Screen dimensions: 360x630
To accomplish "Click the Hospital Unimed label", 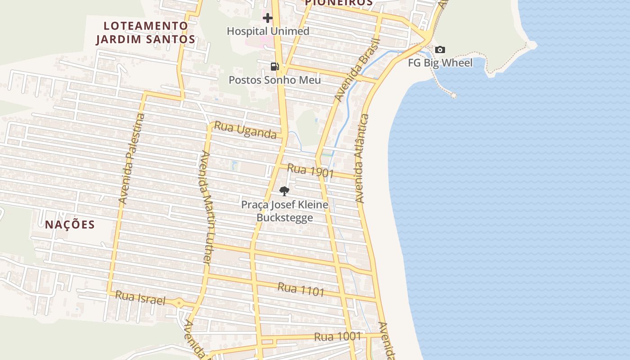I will [268, 31].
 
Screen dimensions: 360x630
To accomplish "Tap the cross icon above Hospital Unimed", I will [268, 18].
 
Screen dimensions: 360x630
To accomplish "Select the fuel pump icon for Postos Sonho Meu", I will [274, 67].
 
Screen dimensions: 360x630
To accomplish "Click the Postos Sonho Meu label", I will [274, 80].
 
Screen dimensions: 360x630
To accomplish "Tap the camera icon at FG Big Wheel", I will [440, 50].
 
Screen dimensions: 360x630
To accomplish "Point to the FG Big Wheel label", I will [440, 63].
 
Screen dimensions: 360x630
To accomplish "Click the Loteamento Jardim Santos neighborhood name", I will [145, 32].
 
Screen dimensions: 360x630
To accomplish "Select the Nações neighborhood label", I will [70, 225].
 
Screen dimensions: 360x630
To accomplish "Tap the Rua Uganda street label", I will [245, 130].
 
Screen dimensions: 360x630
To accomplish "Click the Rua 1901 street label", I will [310, 171].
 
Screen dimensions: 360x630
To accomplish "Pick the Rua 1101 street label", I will [301, 289].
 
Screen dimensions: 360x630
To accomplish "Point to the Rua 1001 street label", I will [337, 337].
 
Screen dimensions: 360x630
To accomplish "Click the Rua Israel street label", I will [140, 298].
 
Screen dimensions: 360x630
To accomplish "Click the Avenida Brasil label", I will [357, 70].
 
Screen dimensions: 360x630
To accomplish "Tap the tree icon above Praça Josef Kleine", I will [284, 191].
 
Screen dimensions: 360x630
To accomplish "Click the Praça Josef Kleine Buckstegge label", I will [284, 211].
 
